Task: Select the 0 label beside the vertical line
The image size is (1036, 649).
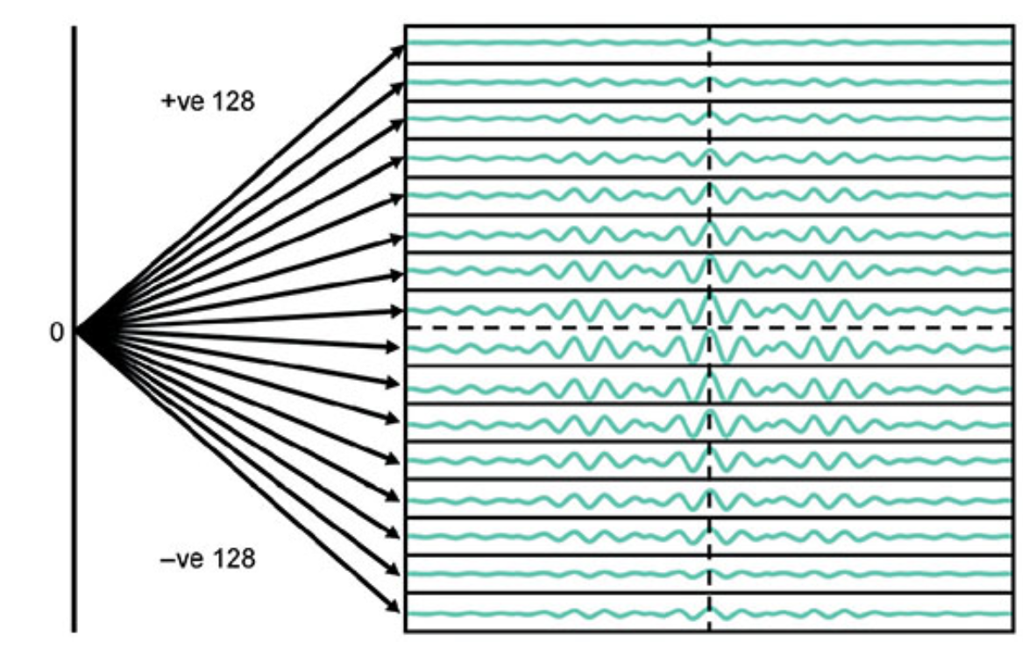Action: pyautogui.click(x=58, y=333)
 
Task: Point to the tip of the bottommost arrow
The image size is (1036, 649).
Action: pyautogui.click(x=402, y=610)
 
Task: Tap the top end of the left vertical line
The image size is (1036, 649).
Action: pyautogui.click(x=75, y=27)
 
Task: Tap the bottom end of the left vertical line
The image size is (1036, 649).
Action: pyautogui.click(x=75, y=630)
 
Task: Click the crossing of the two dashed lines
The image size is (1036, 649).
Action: pyautogui.click(x=709, y=328)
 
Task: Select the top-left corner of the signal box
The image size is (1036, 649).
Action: pyautogui.click(x=405, y=26)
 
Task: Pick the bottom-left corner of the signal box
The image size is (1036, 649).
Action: pyautogui.click(x=405, y=631)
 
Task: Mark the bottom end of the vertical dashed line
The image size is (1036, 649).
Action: pyautogui.click(x=709, y=629)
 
